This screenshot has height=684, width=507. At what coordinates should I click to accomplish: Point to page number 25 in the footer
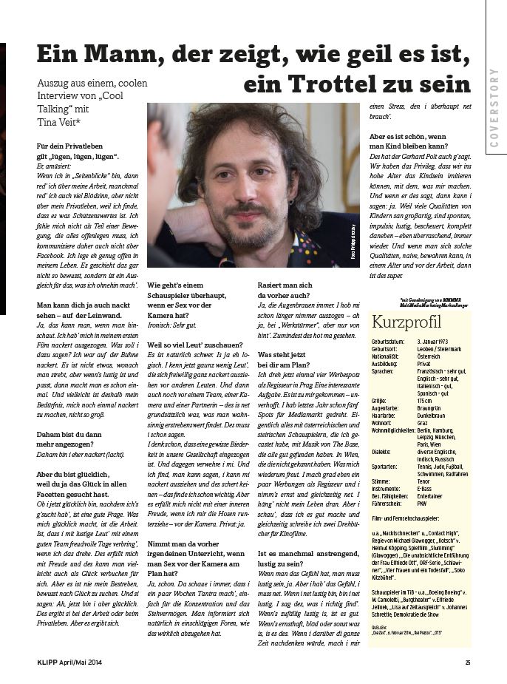point(468,661)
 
